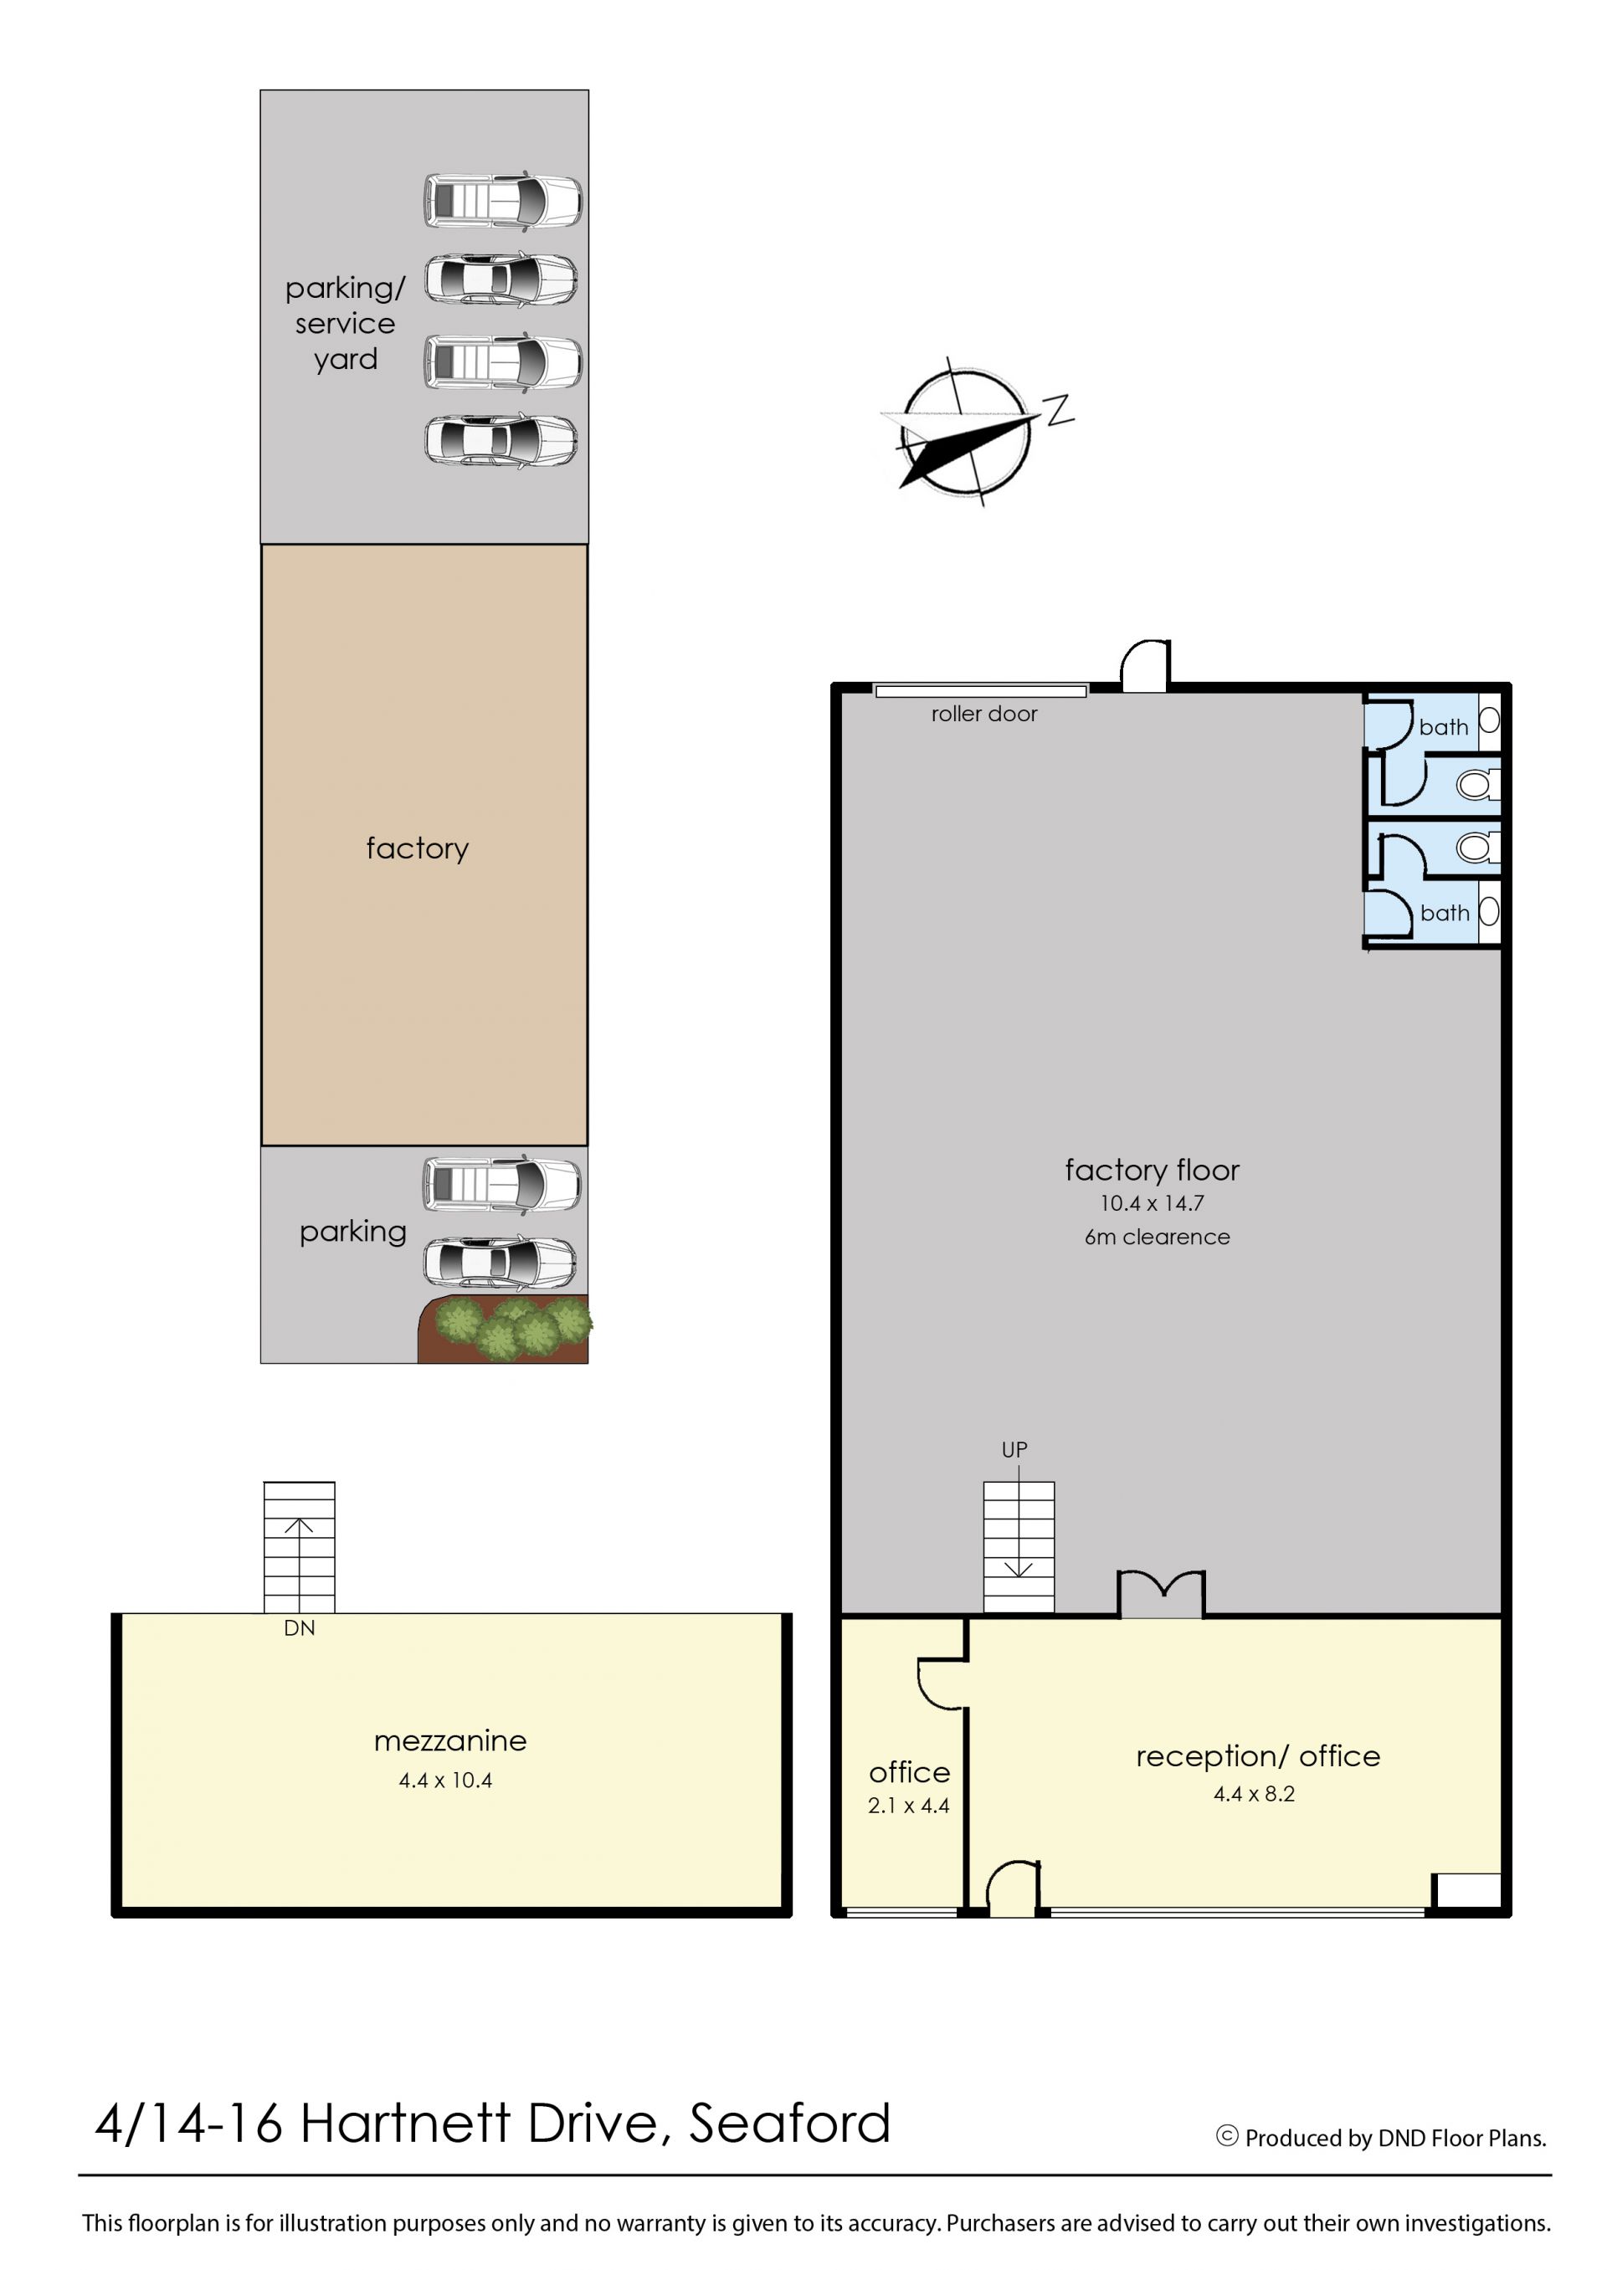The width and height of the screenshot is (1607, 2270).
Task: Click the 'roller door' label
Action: point(983,715)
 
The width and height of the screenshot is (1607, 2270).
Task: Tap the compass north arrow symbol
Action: point(968,433)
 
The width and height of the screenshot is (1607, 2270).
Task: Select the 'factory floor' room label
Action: point(1152,1170)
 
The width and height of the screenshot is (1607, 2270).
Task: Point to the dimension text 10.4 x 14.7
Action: point(1152,1204)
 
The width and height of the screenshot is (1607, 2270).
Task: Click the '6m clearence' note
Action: point(1157,1237)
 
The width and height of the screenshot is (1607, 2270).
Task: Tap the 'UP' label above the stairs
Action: point(1014,1450)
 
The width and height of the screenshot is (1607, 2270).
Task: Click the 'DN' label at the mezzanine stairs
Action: point(299,1628)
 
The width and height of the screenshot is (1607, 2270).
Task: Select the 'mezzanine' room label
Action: point(450,1741)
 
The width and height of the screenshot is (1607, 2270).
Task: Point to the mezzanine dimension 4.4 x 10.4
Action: point(445,1781)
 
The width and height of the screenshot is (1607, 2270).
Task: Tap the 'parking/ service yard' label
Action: point(346,324)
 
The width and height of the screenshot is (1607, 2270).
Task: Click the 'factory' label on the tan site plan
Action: point(418,848)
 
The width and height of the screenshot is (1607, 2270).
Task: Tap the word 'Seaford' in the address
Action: point(789,2124)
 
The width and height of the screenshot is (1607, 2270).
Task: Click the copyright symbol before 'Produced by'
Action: point(1227,2135)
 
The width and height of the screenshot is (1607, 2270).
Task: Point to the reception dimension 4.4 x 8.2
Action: point(1254,1793)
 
